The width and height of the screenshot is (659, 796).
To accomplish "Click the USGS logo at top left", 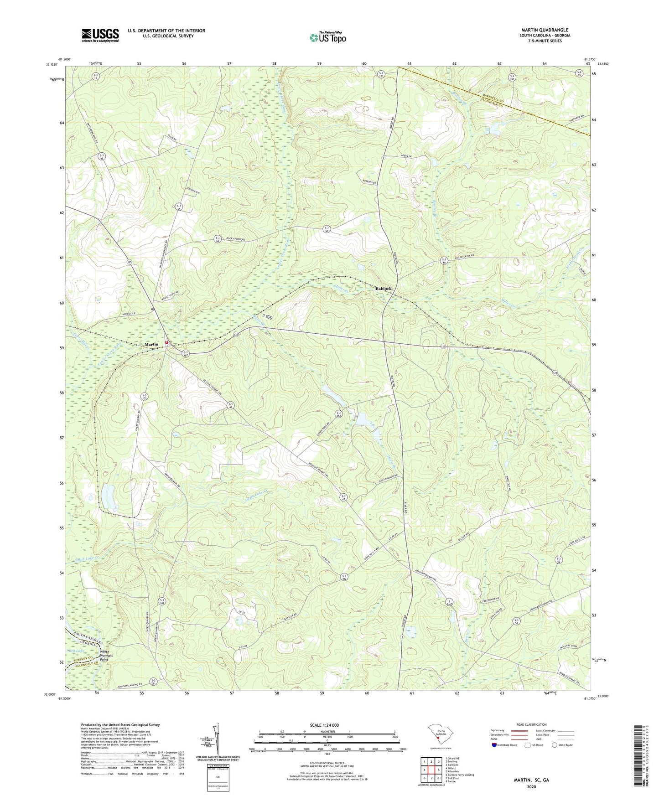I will [100, 35].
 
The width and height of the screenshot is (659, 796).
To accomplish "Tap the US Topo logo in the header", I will [327, 37].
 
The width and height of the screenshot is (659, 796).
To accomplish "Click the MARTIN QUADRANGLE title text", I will [545, 30].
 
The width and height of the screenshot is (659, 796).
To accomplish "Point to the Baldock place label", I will [383, 289].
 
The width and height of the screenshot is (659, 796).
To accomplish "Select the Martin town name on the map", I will [151, 344].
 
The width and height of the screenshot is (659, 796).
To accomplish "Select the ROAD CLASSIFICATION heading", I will [531, 724].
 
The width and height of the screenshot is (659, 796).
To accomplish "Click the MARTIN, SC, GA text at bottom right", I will [531, 780].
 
